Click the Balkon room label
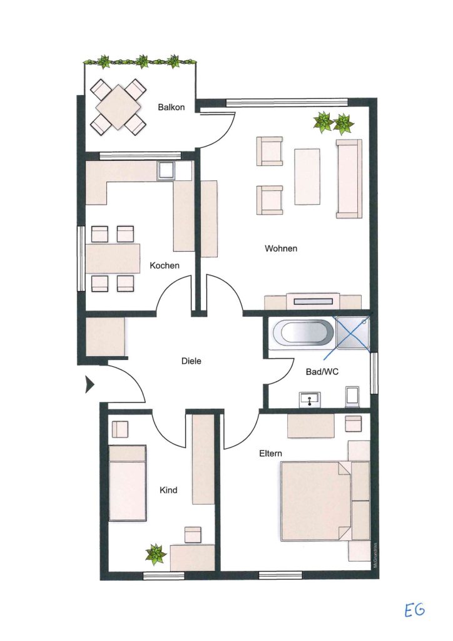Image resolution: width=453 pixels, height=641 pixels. pyautogui.click(x=171, y=107)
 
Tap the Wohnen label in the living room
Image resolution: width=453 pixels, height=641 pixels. pyautogui.click(x=281, y=248)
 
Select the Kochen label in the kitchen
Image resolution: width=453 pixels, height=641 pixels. pyautogui.click(x=164, y=265)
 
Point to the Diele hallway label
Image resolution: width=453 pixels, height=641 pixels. pyautogui.click(x=191, y=361)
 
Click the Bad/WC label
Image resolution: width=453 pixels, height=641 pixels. pyautogui.click(x=322, y=372)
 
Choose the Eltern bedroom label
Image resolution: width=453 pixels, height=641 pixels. pyautogui.click(x=270, y=453)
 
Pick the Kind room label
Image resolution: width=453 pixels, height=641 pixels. pyautogui.click(x=168, y=490)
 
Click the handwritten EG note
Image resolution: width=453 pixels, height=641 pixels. pyautogui.click(x=415, y=610)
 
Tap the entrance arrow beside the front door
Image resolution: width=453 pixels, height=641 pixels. pyautogui.click(x=89, y=384)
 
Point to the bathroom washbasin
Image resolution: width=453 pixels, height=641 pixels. pyautogui.click(x=310, y=399)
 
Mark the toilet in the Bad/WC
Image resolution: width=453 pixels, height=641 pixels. pyautogui.click(x=352, y=396)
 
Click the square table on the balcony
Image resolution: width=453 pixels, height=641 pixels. pyautogui.click(x=118, y=107)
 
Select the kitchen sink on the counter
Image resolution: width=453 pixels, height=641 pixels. pyautogui.click(x=166, y=171)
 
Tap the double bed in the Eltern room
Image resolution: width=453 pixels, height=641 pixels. pyautogui.click(x=315, y=501)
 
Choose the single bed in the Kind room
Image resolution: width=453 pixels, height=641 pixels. pyautogui.click(x=128, y=483)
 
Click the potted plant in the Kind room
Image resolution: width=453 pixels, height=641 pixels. pyautogui.click(x=156, y=554)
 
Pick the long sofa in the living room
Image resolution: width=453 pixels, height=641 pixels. pyautogui.click(x=349, y=178)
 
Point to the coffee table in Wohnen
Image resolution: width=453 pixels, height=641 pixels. pyautogui.click(x=307, y=176)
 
